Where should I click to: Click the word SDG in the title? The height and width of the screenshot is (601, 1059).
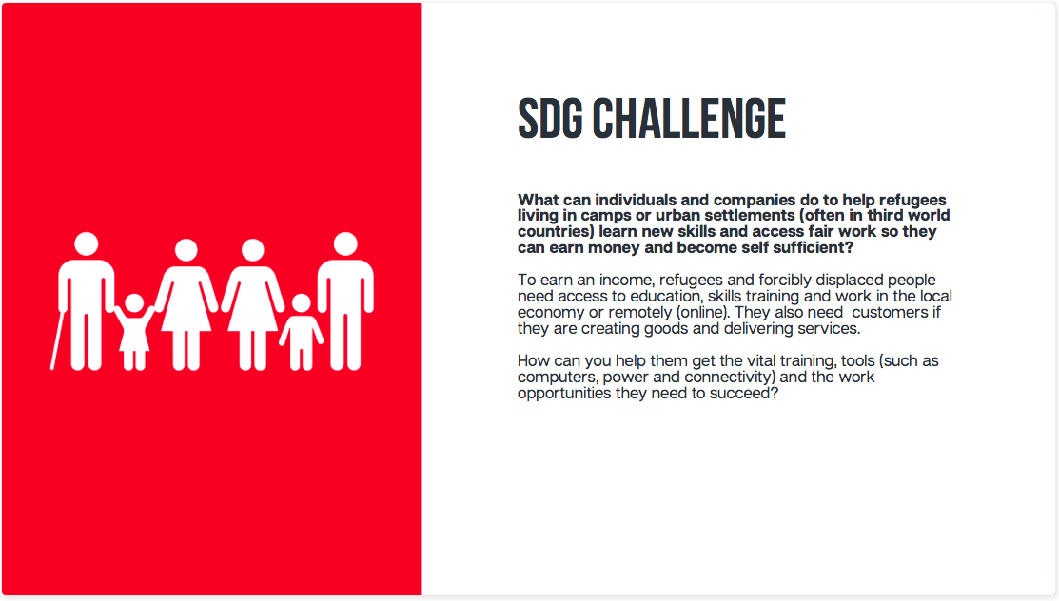[550, 118]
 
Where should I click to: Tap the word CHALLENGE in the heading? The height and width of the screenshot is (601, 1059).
[689, 118]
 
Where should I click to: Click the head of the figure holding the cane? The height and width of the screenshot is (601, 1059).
[87, 244]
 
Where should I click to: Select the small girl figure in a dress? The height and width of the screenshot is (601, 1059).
[134, 332]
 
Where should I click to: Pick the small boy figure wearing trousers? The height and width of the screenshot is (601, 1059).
[302, 332]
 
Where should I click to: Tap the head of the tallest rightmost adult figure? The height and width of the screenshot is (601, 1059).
[345, 244]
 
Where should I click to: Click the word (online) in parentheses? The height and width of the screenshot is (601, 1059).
[703, 312]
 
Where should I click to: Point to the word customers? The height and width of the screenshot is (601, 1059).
[890, 313]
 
